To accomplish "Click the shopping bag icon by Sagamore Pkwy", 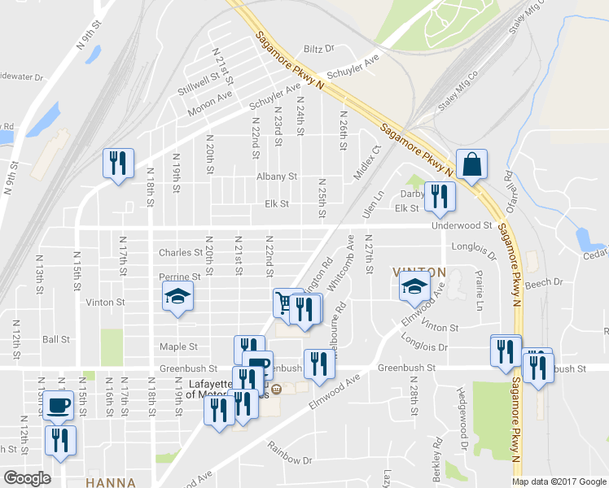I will (x=471, y=163).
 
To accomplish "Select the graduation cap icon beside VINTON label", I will (x=414, y=285).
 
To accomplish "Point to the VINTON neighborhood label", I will (x=419, y=271).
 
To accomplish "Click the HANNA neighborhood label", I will (x=111, y=482).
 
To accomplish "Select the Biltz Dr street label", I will (x=319, y=49).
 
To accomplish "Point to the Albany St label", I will (x=277, y=176).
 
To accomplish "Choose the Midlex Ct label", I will (x=367, y=163).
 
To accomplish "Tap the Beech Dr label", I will (x=545, y=282).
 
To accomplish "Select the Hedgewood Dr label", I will (x=465, y=425).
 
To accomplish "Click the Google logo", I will (x=28, y=478).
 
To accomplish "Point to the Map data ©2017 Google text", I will (x=559, y=481).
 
